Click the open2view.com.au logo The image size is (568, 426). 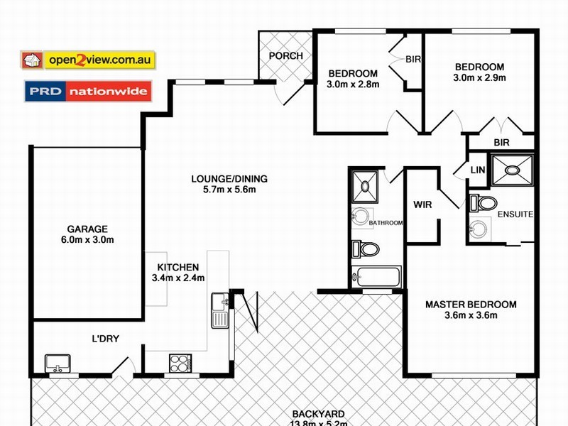(88, 60)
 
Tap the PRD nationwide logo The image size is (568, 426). (88, 92)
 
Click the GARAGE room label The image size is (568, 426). (87, 229)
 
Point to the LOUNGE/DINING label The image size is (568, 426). (224, 179)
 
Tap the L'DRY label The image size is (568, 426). (105, 339)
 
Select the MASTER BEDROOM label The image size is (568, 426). (471, 305)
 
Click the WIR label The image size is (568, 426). (423, 205)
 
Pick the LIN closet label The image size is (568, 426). (478, 170)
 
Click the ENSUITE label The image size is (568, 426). (515, 214)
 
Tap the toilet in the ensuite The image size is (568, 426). (485, 204)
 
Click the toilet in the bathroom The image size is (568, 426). (366, 248)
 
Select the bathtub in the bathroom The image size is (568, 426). (378, 277)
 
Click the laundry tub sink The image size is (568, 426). (58, 364)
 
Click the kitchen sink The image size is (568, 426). (219, 310)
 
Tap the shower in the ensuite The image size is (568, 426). (512, 170)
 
